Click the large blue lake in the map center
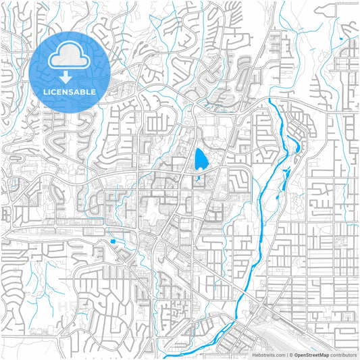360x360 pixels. pos(201,159)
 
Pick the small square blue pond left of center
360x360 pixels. pos(112,241)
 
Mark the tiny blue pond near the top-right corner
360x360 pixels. pos(342,41)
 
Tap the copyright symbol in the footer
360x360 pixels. pos(290,354)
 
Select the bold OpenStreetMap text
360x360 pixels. pos(311,354)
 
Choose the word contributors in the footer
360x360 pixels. pos(343,354)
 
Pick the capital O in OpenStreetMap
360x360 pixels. pos(296,354)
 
